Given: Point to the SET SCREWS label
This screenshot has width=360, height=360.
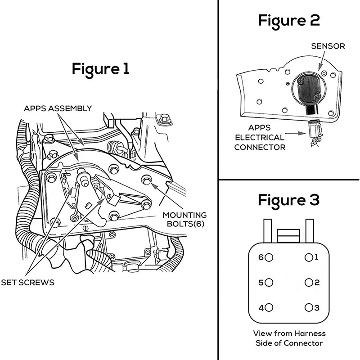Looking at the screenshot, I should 28,283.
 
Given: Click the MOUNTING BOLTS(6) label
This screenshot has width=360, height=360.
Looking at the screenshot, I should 184,219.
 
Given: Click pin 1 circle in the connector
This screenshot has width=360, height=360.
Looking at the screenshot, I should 308,258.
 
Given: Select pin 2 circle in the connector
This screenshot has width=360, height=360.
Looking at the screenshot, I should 308,283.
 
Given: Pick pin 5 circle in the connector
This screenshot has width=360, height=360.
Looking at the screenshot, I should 269,283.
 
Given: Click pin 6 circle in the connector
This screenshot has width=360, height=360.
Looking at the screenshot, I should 269,258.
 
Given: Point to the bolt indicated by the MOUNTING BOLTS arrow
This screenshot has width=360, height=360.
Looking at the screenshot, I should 146,180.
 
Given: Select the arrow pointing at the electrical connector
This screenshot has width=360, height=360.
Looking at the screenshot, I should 295,133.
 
